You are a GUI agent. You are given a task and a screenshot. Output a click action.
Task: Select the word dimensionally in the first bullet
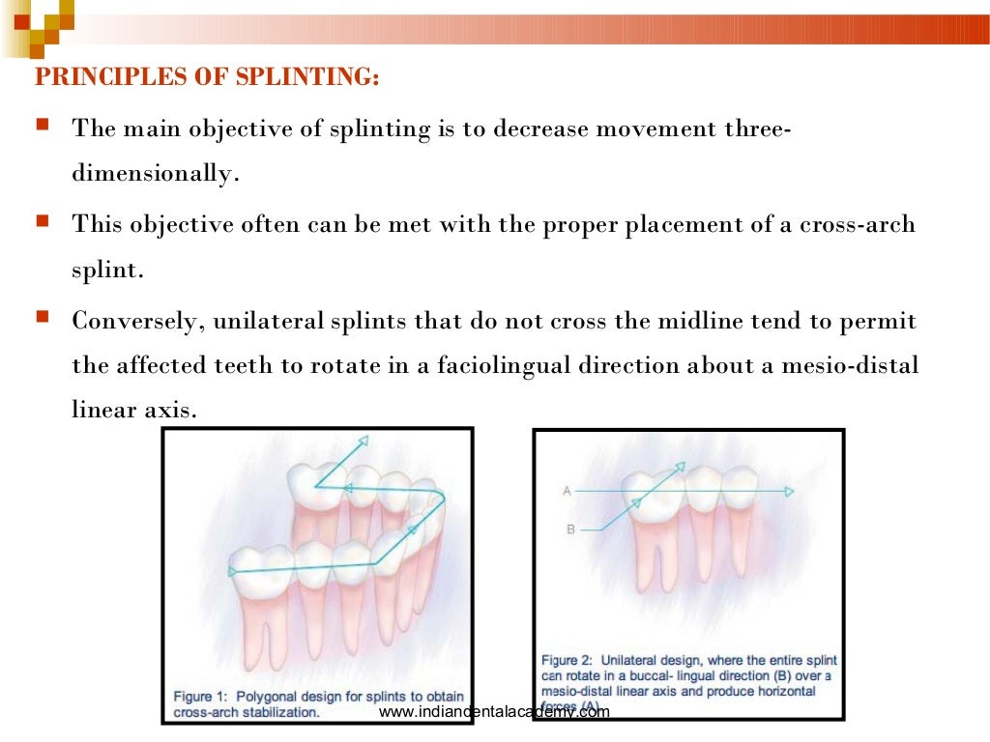point(152,176)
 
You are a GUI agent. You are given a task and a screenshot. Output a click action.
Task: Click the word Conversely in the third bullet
point(131,320)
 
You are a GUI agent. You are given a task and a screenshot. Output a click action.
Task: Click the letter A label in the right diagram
point(567,492)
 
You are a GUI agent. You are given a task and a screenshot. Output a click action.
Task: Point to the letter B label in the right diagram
point(569,529)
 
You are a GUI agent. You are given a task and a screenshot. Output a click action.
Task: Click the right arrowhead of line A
point(790,492)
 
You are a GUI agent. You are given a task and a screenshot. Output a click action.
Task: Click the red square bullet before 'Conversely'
point(43,317)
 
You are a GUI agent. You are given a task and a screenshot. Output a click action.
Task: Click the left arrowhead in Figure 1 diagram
point(232,572)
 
